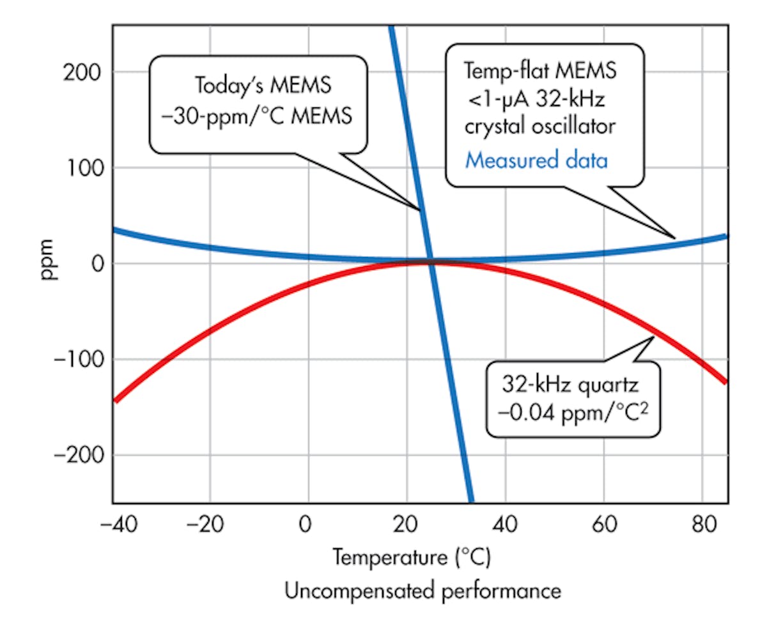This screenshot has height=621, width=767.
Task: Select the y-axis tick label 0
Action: click(x=96, y=264)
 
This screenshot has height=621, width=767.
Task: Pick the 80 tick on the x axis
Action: click(x=702, y=528)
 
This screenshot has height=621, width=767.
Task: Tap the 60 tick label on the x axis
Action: click(x=603, y=528)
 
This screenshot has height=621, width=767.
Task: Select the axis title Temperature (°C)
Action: click(x=411, y=558)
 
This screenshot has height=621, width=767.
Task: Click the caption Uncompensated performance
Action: click(x=422, y=590)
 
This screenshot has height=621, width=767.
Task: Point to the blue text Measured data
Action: click(x=536, y=160)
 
